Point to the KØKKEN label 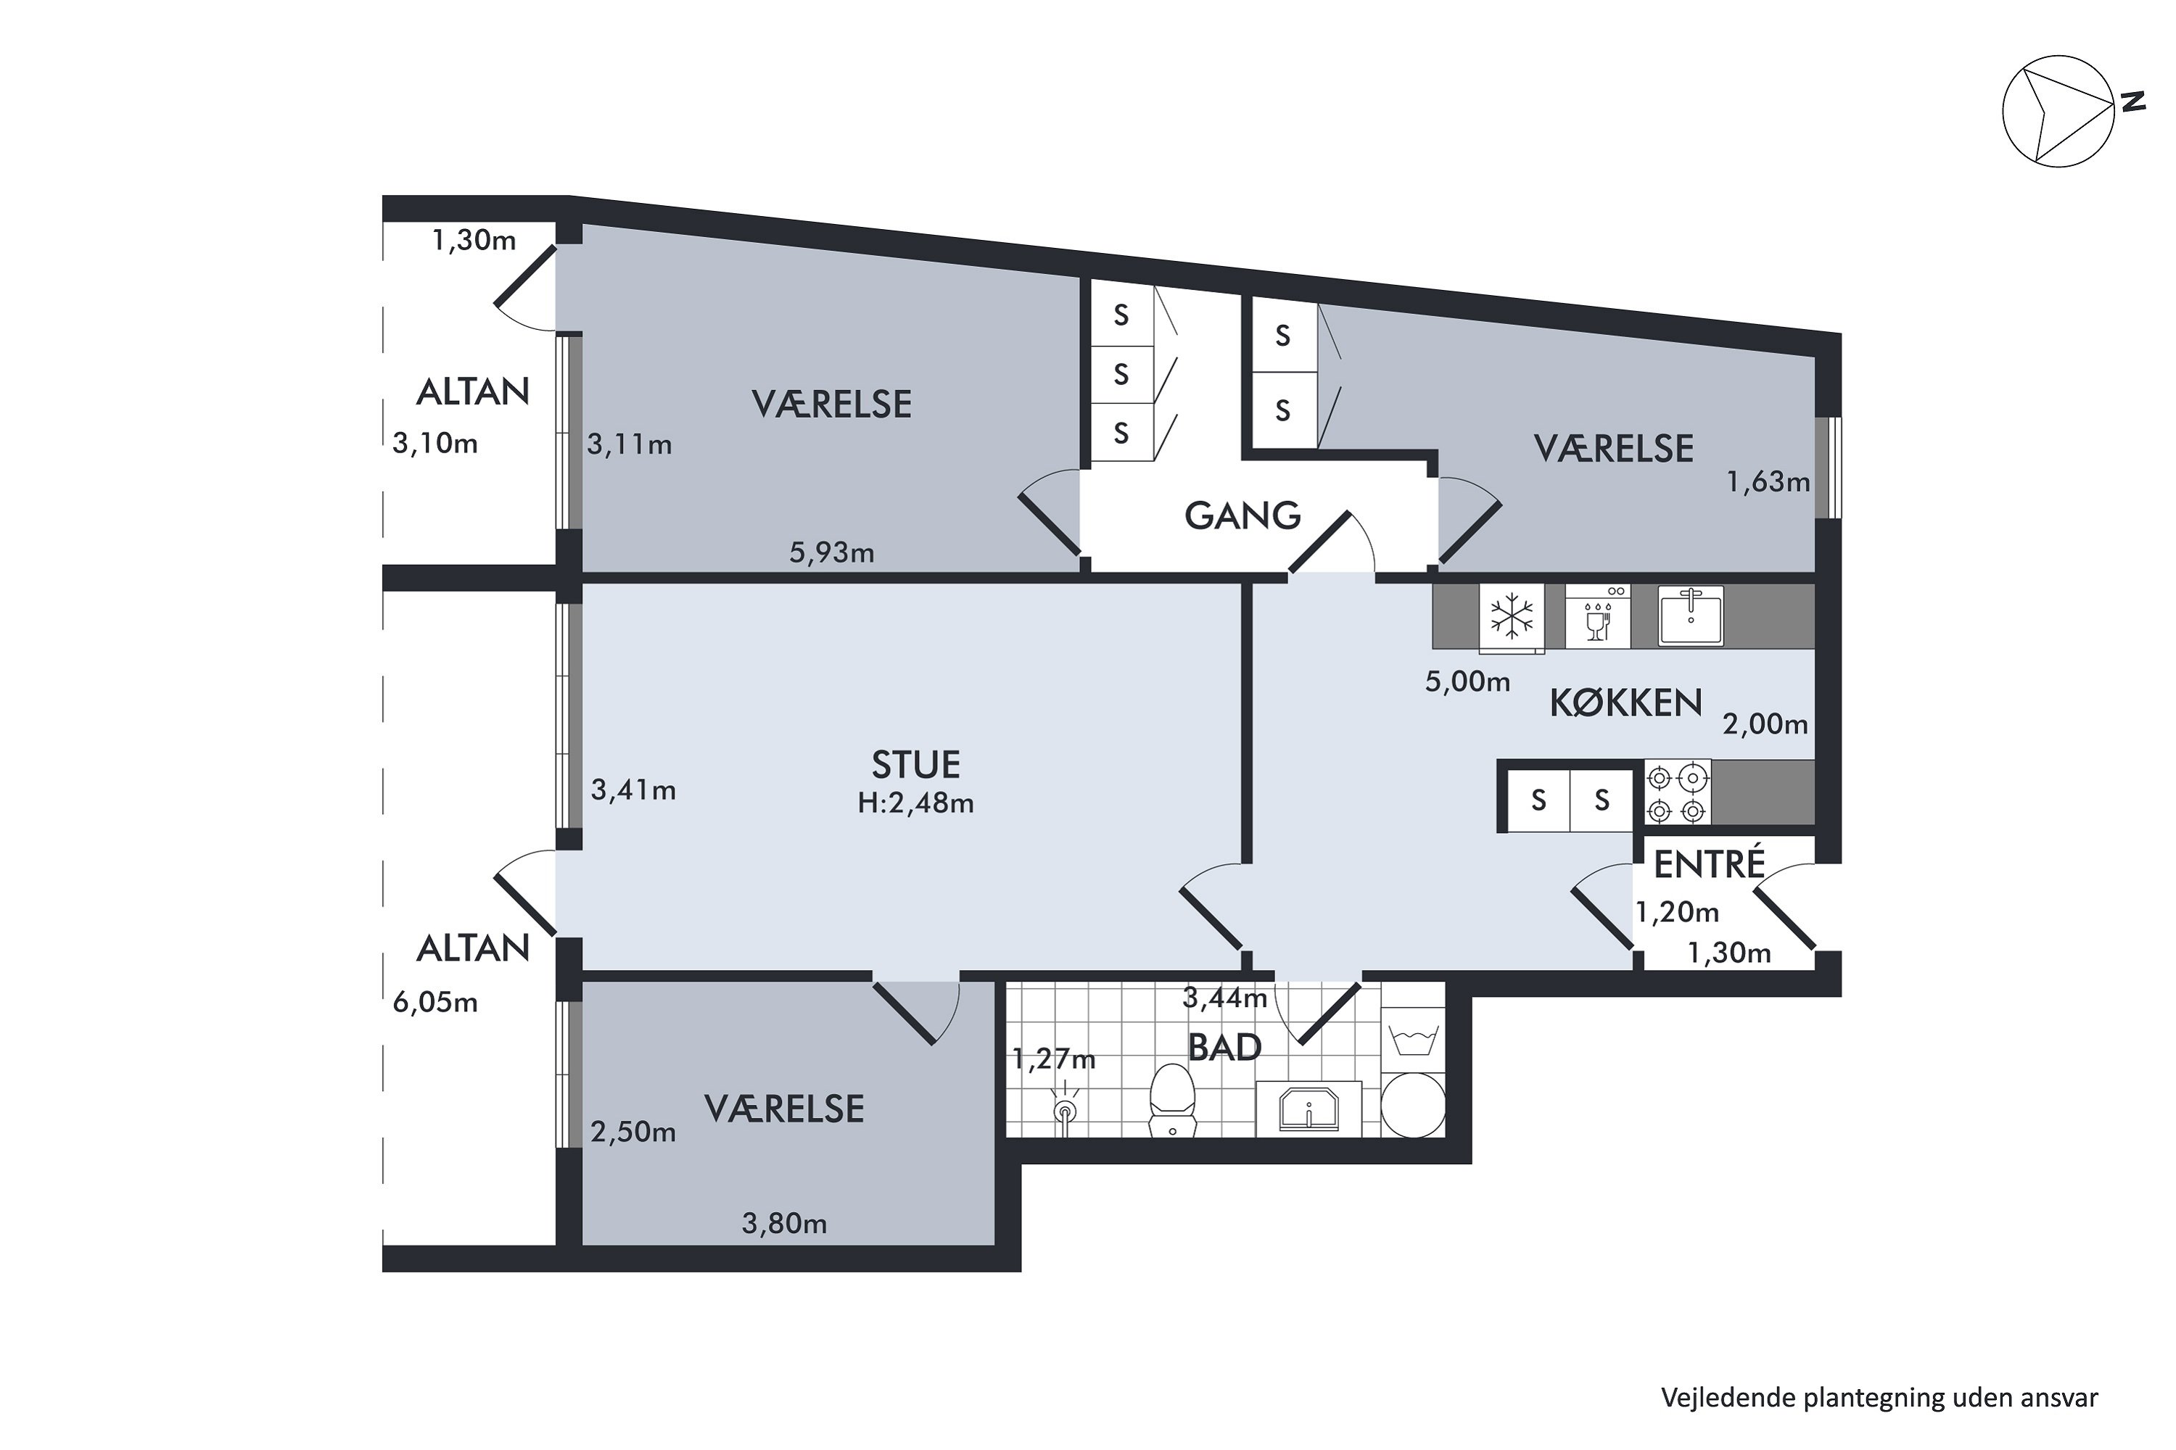pyautogui.click(x=1625, y=704)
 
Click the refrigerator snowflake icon pyautogui.click(x=1512, y=616)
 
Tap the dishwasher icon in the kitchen pyautogui.click(x=1597, y=616)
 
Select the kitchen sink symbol pyautogui.click(x=1690, y=615)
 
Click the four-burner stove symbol pyautogui.click(x=1676, y=792)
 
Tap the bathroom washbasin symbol pyautogui.click(x=1309, y=1108)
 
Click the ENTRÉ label pyautogui.click(x=1709, y=865)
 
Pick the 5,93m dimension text pyautogui.click(x=831, y=553)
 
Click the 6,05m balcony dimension pyautogui.click(x=434, y=1003)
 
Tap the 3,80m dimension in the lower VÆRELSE pyautogui.click(x=783, y=1225)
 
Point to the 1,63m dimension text pyautogui.click(x=1768, y=483)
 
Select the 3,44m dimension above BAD pyautogui.click(x=1224, y=997)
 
